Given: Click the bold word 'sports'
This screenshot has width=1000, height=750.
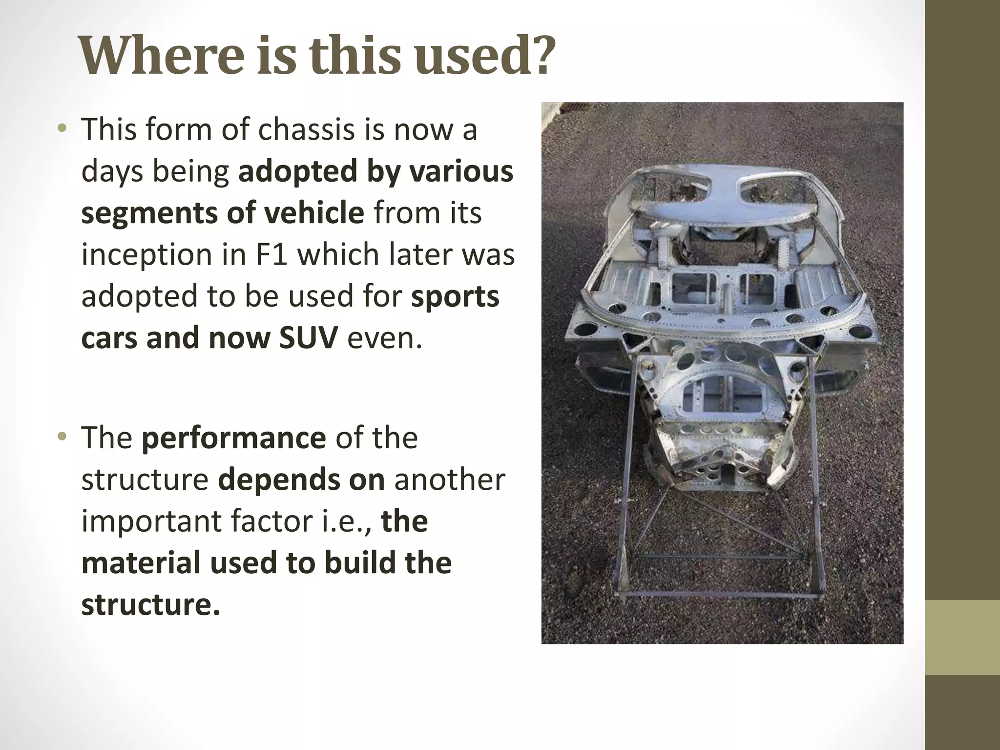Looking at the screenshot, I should (455, 296).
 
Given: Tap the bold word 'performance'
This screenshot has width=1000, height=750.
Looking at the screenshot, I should (233, 437).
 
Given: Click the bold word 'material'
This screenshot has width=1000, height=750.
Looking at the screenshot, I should (141, 563).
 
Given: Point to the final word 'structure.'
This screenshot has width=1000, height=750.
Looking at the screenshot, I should (150, 604).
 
